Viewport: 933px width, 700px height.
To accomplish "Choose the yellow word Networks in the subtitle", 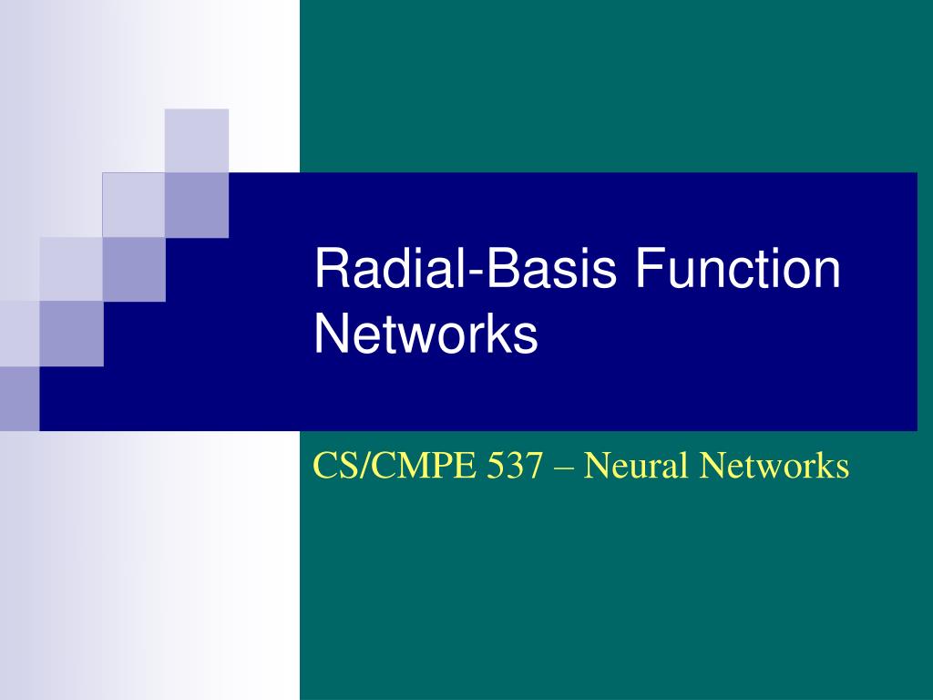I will (774, 466).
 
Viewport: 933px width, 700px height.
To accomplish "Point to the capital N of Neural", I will (596, 466).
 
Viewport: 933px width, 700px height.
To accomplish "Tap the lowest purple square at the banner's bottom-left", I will (19, 398).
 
